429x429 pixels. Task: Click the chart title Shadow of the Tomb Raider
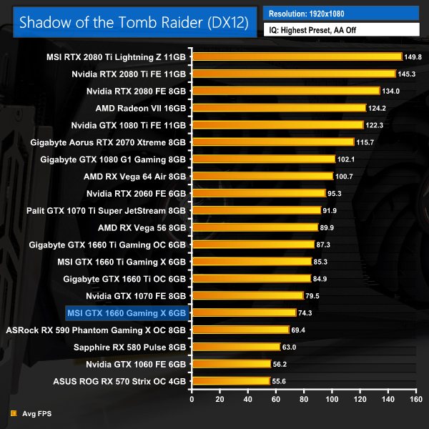(134, 22)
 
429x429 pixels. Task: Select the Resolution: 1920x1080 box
(342, 13)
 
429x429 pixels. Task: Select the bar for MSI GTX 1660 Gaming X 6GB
(244, 312)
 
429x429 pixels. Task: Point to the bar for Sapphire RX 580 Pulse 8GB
(235, 347)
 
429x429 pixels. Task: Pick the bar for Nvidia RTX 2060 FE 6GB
(258, 193)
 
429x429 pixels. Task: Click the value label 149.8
(413, 56)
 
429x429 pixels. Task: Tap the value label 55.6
(280, 381)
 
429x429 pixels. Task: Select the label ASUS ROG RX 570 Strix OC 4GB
(119, 381)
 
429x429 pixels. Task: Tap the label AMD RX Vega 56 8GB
(142, 227)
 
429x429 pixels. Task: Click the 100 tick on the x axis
(330, 400)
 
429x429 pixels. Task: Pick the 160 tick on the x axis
(413, 400)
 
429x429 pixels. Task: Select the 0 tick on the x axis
(191, 400)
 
